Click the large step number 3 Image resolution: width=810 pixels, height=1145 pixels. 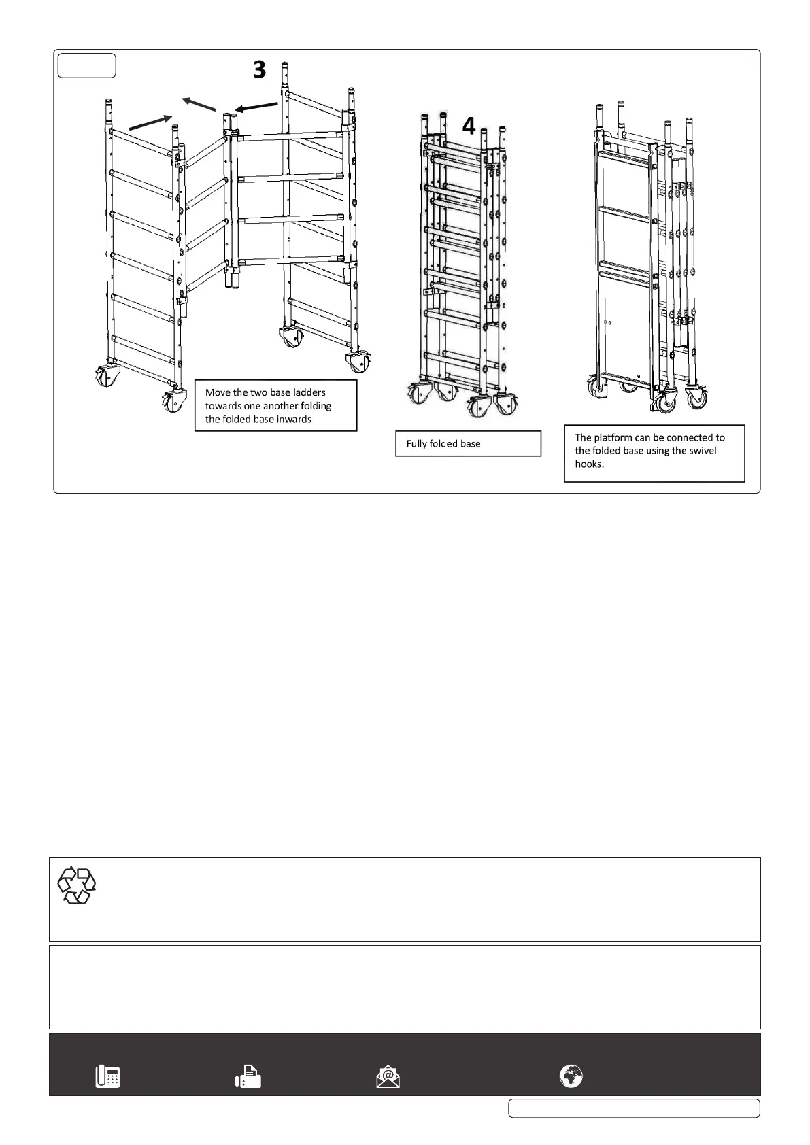pos(259,69)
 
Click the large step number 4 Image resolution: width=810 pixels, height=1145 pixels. pos(469,126)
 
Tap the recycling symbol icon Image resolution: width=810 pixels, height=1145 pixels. pos(76,885)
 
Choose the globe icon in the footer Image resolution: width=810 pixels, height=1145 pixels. pos(571,1076)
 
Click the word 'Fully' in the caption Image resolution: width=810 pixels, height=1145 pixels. pos(417,444)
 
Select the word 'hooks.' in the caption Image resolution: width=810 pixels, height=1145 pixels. pos(590,464)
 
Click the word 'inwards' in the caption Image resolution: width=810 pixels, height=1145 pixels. pos(293,420)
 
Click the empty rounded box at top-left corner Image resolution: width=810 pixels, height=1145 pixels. pos(86,65)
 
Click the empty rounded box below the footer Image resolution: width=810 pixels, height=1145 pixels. pos(634,1108)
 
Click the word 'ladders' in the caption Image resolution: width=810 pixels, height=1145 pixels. pos(309,392)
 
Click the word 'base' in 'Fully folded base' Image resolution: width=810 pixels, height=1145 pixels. pos(470,444)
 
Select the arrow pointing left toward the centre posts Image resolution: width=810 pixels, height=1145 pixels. pos(256,107)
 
